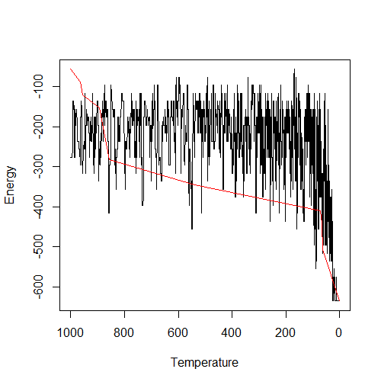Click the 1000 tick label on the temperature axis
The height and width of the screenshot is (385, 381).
click(x=70, y=332)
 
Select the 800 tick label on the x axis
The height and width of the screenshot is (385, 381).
click(x=124, y=332)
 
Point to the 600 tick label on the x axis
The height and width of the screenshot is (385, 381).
click(x=178, y=332)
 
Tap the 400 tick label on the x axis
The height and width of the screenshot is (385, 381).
click(x=232, y=332)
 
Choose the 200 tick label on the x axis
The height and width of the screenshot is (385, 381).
click(x=286, y=332)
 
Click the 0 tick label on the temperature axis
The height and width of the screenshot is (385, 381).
click(x=339, y=332)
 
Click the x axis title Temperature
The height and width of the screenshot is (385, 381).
click(x=204, y=362)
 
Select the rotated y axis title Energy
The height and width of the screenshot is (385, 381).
click(x=11, y=185)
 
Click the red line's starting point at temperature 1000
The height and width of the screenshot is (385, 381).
click(x=70, y=69)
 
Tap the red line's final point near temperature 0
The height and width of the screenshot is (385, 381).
click(x=339, y=300)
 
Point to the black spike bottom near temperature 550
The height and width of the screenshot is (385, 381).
click(x=192, y=229)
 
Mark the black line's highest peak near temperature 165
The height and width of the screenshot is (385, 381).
click(x=295, y=69)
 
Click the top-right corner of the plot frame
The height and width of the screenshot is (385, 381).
click(x=350, y=59)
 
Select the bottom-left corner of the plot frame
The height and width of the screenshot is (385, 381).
click(x=59, y=310)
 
